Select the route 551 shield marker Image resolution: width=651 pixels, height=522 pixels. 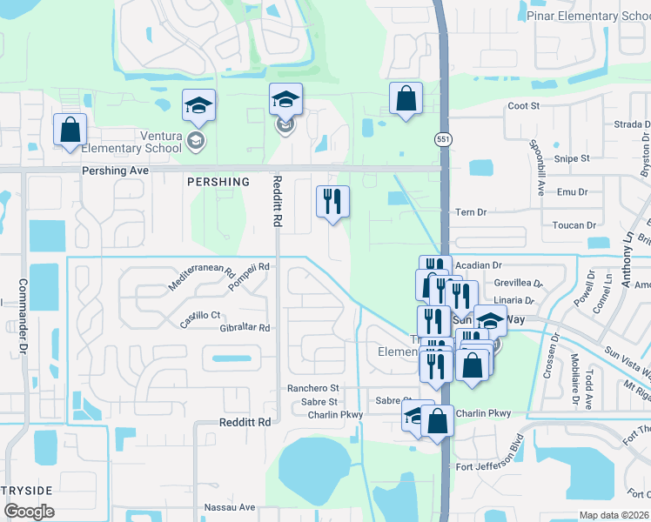[442, 139]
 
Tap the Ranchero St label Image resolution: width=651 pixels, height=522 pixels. [312, 388]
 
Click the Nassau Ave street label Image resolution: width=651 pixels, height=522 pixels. [229, 507]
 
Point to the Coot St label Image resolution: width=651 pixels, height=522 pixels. [524, 106]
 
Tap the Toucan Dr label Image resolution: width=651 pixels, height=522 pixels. [574, 224]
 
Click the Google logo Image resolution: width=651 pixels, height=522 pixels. [28, 512]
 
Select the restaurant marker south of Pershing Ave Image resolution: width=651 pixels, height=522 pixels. [332, 203]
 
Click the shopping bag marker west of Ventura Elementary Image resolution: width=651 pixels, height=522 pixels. [70, 130]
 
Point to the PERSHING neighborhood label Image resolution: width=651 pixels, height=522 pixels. [218, 182]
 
